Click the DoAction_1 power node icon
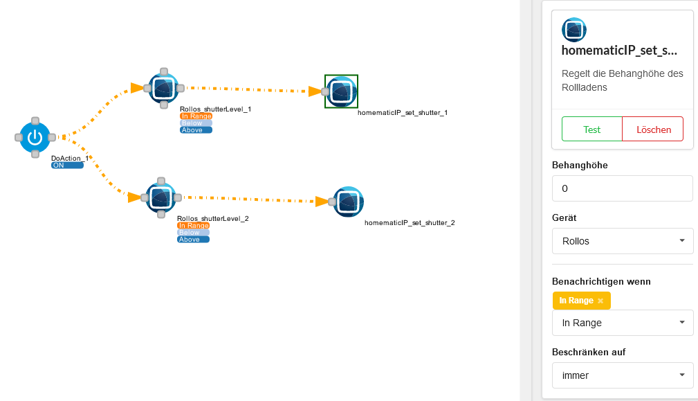pyautogui.click(x=35, y=137)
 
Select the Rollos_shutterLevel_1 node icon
pyautogui.click(x=164, y=88)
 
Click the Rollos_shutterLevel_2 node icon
pyautogui.click(x=161, y=198)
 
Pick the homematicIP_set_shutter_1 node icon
pyautogui.click(x=342, y=91)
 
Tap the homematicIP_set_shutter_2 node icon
pyautogui.click(x=349, y=202)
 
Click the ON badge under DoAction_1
pyautogui.click(x=67, y=166)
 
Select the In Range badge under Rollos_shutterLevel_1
pyautogui.click(x=196, y=116)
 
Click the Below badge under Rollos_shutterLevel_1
pyautogui.click(x=196, y=123)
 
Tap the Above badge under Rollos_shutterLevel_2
pyautogui.click(x=193, y=239)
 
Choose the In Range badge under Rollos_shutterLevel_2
pyautogui.click(x=193, y=226)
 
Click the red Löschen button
pyautogui.click(x=652, y=130)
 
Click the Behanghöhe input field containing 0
pyautogui.click(x=623, y=188)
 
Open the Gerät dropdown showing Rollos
pyautogui.click(x=623, y=241)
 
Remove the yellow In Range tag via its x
pyautogui.click(x=600, y=301)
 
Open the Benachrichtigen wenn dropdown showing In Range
pyautogui.click(x=623, y=323)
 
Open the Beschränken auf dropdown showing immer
pyautogui.click(x=623, y=375)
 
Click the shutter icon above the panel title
pyautogui.click(x=573, y=30)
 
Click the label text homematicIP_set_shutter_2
pyautogui.click(x=410, y=223)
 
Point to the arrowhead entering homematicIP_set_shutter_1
pyautogui.click(x=315, y=91)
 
